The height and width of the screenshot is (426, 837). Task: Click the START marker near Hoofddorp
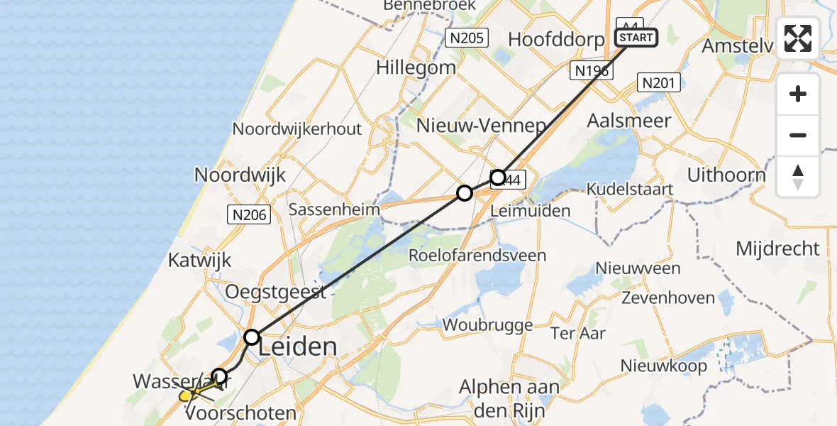(637, 37)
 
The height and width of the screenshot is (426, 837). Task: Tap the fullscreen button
(798, 38)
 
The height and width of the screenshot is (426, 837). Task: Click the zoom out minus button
(798, 135)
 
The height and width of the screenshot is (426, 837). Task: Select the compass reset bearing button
(798, 177)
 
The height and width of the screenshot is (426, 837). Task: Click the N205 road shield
(467, 38)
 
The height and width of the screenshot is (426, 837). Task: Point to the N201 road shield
(659, 82)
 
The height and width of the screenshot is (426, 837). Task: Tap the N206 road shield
(249, 214)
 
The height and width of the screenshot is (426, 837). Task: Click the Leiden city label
(297, 346)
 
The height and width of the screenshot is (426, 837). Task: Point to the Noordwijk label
(240, 175)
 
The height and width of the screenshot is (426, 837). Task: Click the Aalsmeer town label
(628, 121)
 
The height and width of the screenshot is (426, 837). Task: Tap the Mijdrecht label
(777, 248)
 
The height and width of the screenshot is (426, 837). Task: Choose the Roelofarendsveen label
(478, 256)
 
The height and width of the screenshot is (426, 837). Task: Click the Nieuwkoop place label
(663, 366)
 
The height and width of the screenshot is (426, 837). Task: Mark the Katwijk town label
(200, 260)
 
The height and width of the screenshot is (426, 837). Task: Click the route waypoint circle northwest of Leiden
(252, 337)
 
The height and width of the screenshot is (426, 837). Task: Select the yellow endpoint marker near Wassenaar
(185, 395)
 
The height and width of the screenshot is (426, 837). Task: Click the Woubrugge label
(487, 325)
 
